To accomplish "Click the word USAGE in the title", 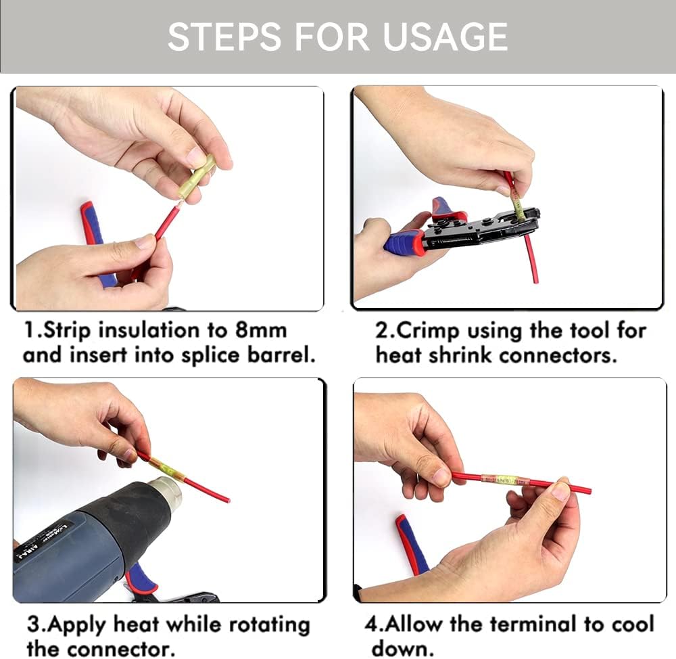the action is point(445,37).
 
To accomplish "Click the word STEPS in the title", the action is point(224,37).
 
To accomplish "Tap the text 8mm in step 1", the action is point(261,331).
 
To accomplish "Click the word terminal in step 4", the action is point(534,624).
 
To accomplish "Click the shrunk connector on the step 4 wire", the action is point(505,480).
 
